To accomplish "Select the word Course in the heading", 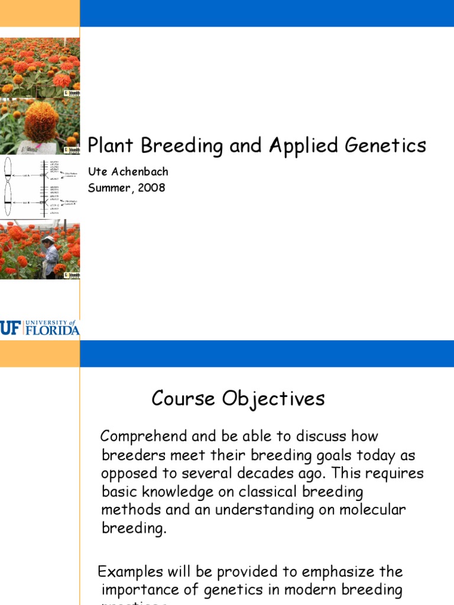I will click(184, 399).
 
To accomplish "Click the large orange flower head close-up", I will click(41, 122).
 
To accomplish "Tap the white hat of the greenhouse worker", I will click(48, 239).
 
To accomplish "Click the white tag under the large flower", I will click(32, 147).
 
